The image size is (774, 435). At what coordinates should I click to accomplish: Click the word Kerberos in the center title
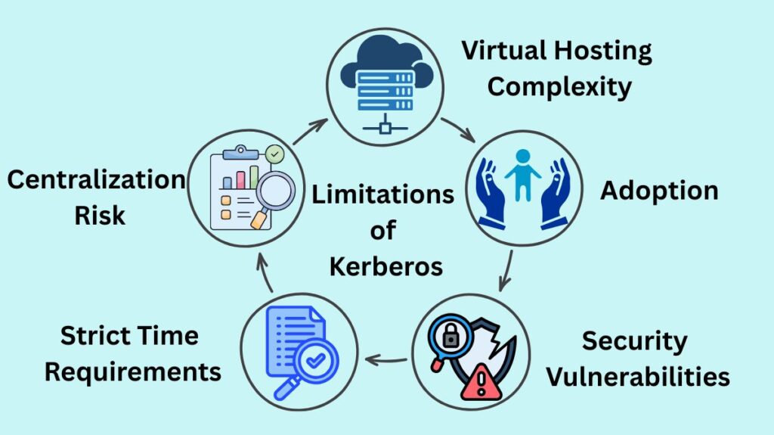click(x=382, y=266)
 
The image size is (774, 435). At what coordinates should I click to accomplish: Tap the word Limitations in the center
click(x=382, y=194)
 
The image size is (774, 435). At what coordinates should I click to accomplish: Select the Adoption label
click(x=659, y=191)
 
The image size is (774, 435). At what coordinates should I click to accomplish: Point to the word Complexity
click(x=559, y=86)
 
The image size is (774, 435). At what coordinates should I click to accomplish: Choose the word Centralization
click(x=96, y=180)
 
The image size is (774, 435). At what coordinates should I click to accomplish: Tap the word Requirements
click(x=134, y=371)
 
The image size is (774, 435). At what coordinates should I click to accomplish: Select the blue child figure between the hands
click(x=522, y=173)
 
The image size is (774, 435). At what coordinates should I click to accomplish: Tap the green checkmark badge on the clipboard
click(x=274, y=155)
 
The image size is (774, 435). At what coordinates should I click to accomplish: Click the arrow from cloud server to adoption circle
click(x=458, y=129)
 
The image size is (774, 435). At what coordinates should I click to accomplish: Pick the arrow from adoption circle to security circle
click(x=506, y=270)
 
